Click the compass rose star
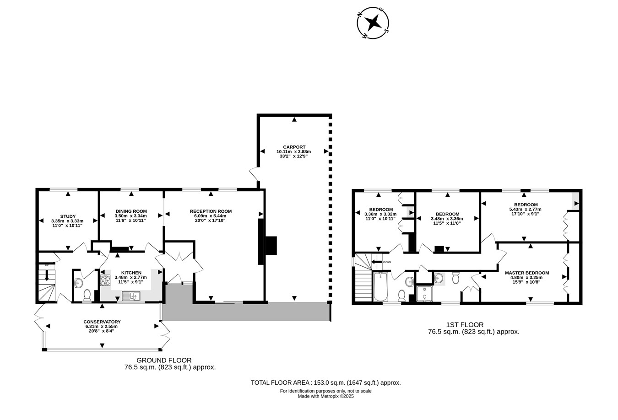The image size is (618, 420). (x=373, y=22)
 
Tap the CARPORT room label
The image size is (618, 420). (x=294, y=147)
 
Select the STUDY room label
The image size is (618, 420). (x=68, y=216)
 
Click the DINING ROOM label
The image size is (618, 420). (x=131, y=211)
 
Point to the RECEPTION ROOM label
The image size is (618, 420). (x=211, y=211)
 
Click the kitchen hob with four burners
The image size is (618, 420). (x=105, y=280)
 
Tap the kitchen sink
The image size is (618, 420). (x=131, y=296)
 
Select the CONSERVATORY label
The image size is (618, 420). (x=102, y=322)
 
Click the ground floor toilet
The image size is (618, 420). (x=87, y=295)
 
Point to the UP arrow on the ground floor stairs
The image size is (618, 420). (x=47, y=275)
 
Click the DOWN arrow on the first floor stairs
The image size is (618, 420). (x=376, y=262)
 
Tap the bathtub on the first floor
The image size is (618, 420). (x=380, y=287)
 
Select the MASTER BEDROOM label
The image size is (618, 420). (x=527, y=273)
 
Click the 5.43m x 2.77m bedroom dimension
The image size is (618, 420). (x=526, y=209)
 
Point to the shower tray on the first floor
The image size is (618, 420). (x=425, y=294)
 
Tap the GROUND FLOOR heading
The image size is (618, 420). (x=164, y=360)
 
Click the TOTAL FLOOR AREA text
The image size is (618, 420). (x=325, y=383)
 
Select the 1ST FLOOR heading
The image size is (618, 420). (x=465, y=325)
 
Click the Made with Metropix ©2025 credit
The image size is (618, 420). (x=325, y=396)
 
